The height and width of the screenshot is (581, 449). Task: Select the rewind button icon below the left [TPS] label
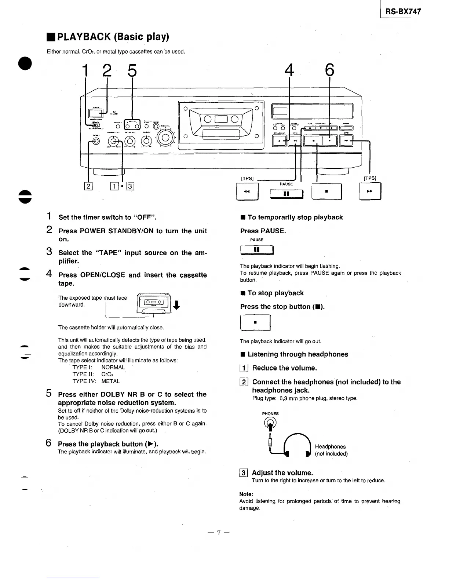coord(247,191)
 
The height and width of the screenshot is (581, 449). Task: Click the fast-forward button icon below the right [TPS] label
coord(370,191)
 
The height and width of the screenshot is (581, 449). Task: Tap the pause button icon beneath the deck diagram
coord(286,193)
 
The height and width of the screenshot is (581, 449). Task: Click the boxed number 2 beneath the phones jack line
coord(88,186)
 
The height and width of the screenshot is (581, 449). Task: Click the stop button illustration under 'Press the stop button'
coord(255,323)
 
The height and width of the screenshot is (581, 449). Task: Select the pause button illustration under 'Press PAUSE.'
coord(257,250)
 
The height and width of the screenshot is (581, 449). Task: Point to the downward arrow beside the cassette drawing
coord(177,305)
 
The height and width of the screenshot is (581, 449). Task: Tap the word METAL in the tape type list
coord(110,381)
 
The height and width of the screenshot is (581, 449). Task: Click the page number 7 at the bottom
coord(218,533)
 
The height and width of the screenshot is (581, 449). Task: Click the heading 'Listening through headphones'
coord(297,354)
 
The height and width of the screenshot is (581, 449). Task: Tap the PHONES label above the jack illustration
coord(270,414)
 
